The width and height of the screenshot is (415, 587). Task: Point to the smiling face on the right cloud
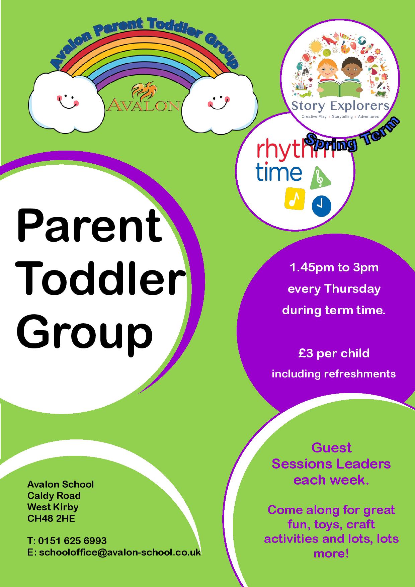218,100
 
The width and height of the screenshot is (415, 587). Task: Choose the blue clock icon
322,205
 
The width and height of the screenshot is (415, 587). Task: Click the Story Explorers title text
340,106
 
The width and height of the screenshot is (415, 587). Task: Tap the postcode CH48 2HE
51,518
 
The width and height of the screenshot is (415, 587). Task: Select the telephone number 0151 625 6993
73,540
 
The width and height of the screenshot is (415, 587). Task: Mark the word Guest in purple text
331,447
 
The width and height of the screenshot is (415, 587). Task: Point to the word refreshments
360,373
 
